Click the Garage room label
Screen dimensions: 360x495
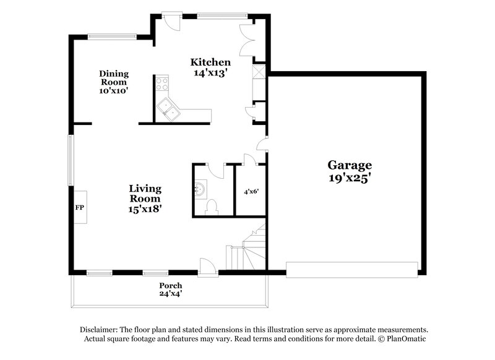tap(350, 165)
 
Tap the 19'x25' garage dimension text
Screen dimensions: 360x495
tap(350, 178)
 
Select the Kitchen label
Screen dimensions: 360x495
tap(210, 62)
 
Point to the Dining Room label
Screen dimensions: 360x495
tap(114, 78)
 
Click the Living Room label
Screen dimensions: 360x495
tap(145, 194)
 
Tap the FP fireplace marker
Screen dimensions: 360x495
tap(79, 207)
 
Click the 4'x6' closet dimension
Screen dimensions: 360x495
tap(251, 192)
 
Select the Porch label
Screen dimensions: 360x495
tap(170, 285)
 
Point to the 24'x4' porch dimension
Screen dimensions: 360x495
tap(170, 294)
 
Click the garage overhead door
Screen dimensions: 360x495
tap(351, 269)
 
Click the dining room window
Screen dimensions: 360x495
tap(112, 36)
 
